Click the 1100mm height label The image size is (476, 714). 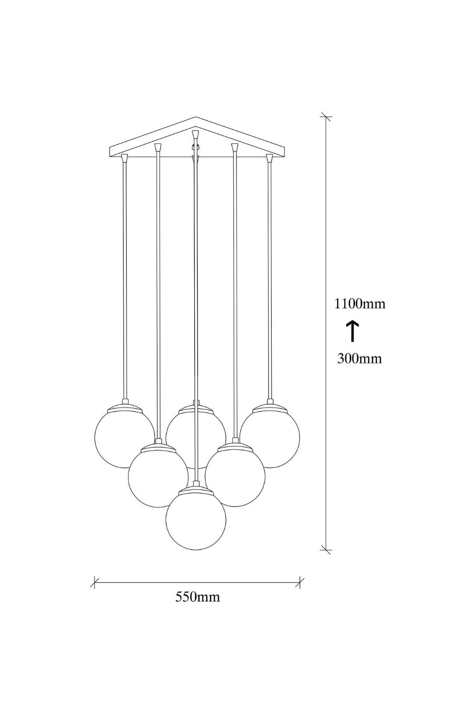pyautogui.click(x=360, y=304)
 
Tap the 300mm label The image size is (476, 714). pyautogui.click(x=360, y=358)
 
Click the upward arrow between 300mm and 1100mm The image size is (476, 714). pyautogui.click(x=353, y=331)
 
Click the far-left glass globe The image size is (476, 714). pyautogui.click(x=125, y=438)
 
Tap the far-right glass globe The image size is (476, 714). pyautogui.click(x=270, y=438)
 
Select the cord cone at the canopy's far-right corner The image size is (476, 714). pyautogui.click(x=270, y=158)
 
